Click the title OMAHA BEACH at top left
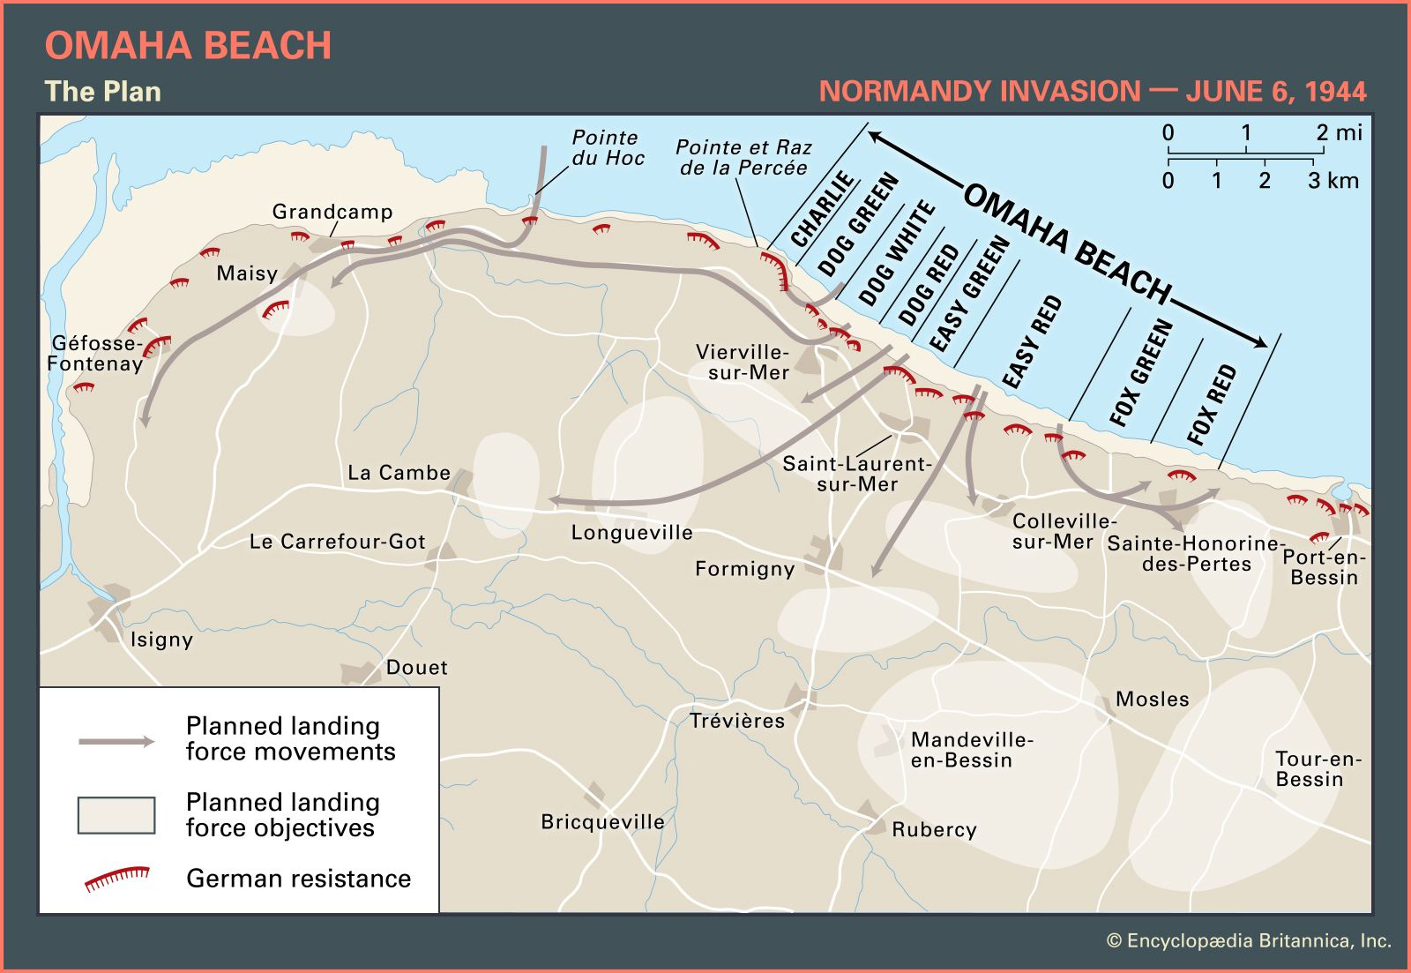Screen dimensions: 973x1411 [x=188, y=46]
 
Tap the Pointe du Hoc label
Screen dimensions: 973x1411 [x=608, y=148]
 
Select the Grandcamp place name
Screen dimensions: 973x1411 [x=332, y=212]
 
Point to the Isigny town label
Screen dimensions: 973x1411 [x=161, y=640]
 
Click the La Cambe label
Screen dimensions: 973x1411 [x=399, y=473]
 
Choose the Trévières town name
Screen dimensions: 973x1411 [x=737, y=721]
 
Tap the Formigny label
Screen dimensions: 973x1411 [x=744, y=569]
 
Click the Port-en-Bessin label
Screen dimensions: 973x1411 [x=1324, y=567]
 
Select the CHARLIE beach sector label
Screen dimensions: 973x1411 [x=822, y=210]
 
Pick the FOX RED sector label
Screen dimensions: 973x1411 [x=1212, y=404]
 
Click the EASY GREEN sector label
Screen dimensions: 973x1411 [x=968, y=294]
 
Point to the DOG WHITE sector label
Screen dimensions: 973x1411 [x=896, y=252]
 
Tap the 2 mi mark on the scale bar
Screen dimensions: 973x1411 [x=1338, y=133]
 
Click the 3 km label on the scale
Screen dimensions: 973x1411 [x=1333, y=181]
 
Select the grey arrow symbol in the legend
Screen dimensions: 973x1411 [x=116, y=741]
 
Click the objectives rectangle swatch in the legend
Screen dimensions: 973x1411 [x=116, y=815]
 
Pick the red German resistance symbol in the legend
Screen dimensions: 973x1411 [x=116, y=879]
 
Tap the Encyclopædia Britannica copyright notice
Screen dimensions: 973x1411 [x=1249, y=941]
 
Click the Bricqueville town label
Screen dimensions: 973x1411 [x=602, y=821]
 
